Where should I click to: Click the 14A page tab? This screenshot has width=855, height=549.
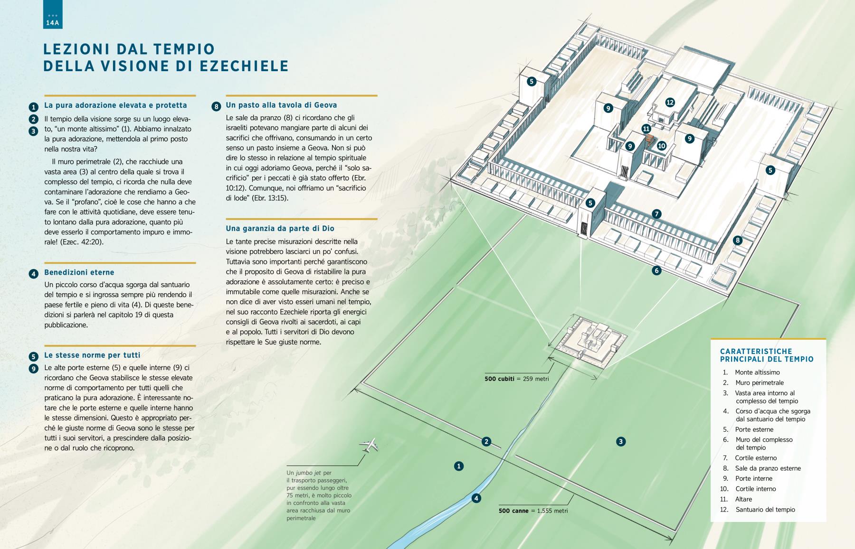52,15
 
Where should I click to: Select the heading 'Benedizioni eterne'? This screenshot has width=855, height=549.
79,272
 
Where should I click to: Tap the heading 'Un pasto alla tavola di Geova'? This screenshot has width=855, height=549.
281,105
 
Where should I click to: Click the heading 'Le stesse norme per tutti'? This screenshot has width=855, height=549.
92,355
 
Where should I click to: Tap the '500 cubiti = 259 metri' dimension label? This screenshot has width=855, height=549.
516,379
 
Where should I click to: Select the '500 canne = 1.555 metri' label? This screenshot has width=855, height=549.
533,511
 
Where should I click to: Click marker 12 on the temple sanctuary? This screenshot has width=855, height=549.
670,102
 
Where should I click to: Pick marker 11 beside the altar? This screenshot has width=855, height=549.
646,129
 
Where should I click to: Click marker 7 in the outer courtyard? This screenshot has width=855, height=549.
656,214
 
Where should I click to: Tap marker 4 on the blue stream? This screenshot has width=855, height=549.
476,498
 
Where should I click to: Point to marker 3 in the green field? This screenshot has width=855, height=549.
620,442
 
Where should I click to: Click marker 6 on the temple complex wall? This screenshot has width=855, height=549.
656,271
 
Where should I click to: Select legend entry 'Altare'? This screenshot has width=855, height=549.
743,499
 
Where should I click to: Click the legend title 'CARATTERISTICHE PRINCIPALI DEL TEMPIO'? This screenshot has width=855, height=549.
767,355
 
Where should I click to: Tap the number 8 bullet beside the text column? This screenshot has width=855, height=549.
217,107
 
